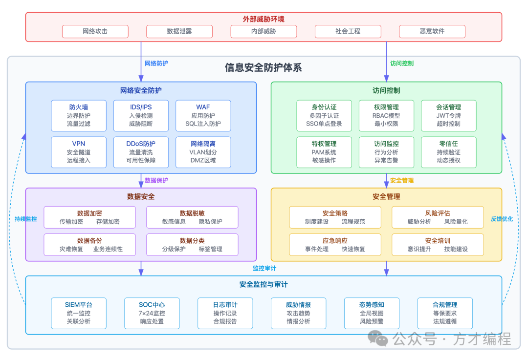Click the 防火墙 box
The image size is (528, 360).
click(x=79, y=116)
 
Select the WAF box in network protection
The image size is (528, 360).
click(x=203, y=116)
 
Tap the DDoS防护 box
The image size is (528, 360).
click(x=141, y=152)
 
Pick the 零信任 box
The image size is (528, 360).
click(x=448, y=152)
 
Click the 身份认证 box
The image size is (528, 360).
click(x=324, y=116)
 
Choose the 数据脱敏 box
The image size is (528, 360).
click(x=192, y=217)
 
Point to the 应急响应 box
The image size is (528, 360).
click(x=335, y=245)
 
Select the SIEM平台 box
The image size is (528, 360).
click(x=79, y=313)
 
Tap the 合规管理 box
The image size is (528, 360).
click(x=445, y=313)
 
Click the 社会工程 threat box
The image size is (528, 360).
click(x=348, y=31)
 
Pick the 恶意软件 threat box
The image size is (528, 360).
click(x=432, y=31)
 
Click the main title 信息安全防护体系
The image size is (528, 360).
click(x=264, y=67)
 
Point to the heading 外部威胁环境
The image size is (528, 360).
click(x=264, y=19)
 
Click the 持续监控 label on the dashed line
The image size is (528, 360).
click(x=25, y=219)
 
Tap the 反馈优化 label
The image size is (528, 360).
click(x=502, y=219)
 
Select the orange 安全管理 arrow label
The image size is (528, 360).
click(x=402, y=180)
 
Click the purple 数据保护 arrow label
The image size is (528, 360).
click(x=156, y=180)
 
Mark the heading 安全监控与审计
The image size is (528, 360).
click(x=264, y=284)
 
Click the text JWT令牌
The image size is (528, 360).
click(x=448, y=116)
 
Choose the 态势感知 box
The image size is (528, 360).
click(x=372, y=313)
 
